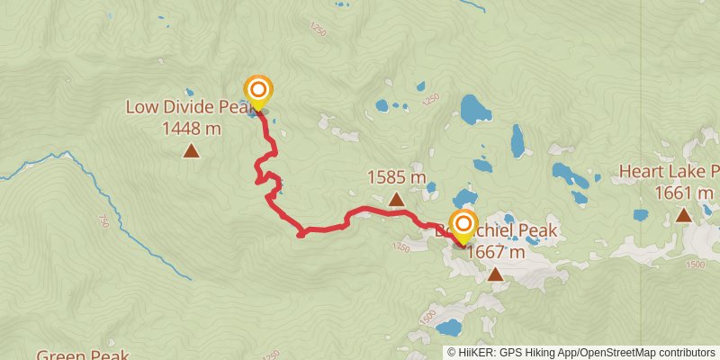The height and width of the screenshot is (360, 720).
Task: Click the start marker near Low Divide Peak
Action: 258,90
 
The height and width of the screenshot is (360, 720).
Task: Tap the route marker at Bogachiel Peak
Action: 463,224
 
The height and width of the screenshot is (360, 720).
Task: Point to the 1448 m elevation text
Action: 192,129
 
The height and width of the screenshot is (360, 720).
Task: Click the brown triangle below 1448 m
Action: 191,150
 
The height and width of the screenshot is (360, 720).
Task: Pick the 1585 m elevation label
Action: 397,178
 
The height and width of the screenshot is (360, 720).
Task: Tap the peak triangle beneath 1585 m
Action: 397,199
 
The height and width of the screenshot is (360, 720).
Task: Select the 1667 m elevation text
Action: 496,253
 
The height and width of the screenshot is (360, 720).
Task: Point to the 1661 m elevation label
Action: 684,193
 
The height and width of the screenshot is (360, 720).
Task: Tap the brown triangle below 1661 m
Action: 684,214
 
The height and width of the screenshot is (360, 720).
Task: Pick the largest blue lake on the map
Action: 472,109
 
